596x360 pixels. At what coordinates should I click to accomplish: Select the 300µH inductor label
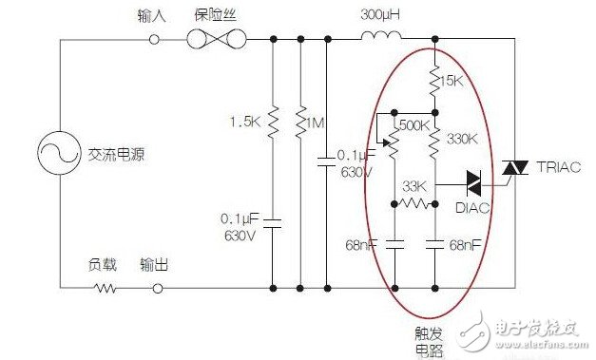[377, 16]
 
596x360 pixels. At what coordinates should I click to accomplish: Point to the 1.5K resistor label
[244, 122]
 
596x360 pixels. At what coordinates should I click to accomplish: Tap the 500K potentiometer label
[414, 125]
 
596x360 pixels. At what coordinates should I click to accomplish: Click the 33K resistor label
[414, 185]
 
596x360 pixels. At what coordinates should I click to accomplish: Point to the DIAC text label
[472, 208]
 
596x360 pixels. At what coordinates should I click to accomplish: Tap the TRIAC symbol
[515, 168]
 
